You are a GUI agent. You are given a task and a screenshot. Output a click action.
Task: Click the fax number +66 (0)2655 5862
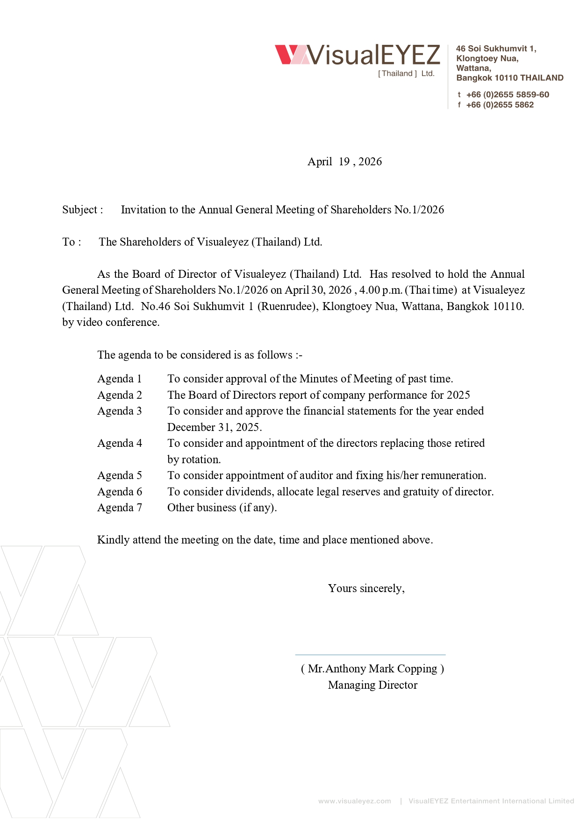pos(500,105)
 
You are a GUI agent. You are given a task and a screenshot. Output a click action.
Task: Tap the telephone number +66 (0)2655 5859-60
pos(508,95)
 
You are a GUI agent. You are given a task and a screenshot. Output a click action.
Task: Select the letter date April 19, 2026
pos(344,162)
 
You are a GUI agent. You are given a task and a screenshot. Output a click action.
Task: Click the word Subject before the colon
pos(79,210)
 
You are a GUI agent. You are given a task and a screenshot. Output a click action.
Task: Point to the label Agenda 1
pos(119,379)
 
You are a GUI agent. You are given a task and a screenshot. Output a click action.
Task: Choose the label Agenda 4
pos(119,443)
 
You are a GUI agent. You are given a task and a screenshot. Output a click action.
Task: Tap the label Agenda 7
pos(119,508)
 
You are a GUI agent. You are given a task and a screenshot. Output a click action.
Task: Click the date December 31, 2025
pos(214,427)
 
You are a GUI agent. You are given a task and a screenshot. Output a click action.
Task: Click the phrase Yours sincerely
pos(366,588)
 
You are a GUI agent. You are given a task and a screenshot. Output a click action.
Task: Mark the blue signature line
pos(370,655)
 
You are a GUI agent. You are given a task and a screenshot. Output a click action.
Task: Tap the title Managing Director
pos(372,685)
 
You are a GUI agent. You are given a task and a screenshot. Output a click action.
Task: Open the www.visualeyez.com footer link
pos(354,801)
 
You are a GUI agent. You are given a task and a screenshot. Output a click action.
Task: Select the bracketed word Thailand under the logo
pos(397,74)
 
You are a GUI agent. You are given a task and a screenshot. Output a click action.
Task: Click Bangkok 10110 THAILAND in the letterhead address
pos(509,78)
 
